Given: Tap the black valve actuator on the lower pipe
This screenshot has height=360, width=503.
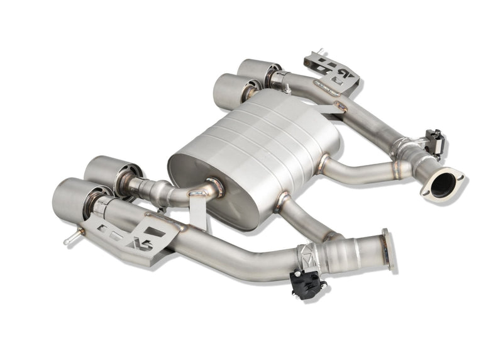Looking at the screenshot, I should (307, 283).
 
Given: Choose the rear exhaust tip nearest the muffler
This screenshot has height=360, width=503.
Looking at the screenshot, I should (233, 88).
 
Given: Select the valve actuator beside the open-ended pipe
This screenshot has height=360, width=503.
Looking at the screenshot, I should (434, 141).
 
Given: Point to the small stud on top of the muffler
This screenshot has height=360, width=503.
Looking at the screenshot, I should (287, 89).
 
